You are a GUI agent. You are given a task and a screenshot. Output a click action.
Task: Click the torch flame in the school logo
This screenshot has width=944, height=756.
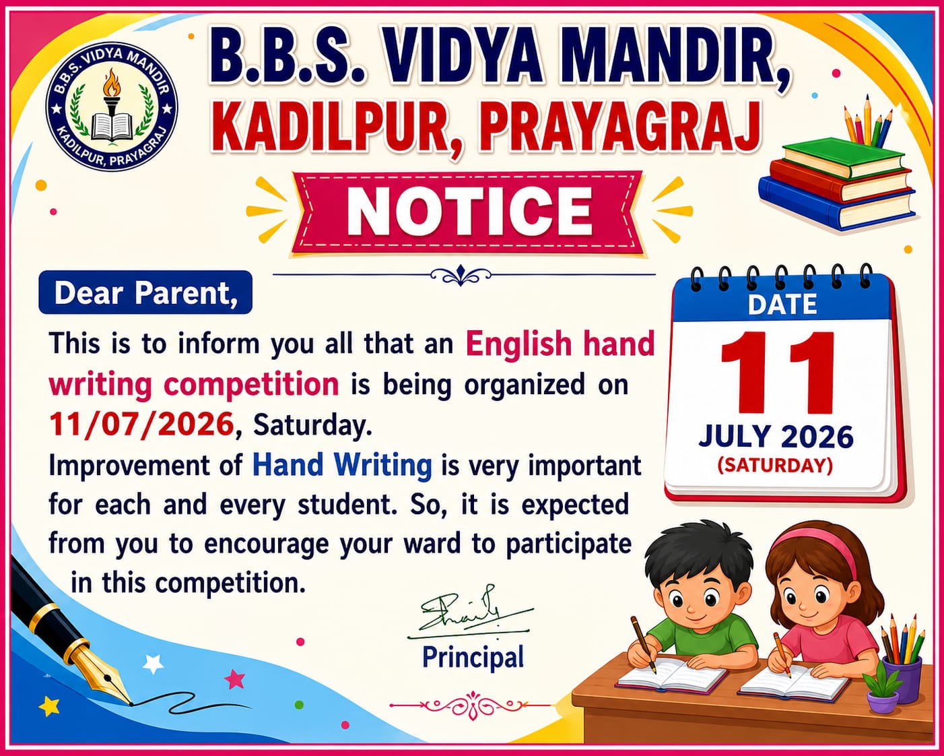[x=111, y=83]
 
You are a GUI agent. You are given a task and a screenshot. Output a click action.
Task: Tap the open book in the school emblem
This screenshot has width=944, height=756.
[x=112, y=126]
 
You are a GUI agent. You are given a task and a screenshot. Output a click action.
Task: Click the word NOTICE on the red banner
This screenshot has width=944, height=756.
[x=469, y=211]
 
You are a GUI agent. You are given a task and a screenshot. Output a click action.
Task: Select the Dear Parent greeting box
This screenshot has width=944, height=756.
[x=145, y=292]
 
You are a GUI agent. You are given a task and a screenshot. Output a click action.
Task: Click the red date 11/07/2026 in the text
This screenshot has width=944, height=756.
[x=141, y=424]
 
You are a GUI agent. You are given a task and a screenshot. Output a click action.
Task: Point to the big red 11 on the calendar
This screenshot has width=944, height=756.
[x=777, y=373]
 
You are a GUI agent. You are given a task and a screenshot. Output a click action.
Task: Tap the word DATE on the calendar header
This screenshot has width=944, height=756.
[x=782, y=305]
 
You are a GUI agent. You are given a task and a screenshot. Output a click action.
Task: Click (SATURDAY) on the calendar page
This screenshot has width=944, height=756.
[x=775, y=466]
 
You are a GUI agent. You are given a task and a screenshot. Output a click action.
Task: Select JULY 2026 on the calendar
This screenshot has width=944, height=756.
[x=776, y=437]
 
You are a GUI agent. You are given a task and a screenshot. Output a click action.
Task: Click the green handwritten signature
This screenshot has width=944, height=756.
[x=469, y=613]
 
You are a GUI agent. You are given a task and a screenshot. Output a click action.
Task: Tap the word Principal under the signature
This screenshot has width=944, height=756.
[x=473, y=657]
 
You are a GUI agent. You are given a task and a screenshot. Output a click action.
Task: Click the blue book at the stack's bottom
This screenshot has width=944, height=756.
[x=836, y=206]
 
